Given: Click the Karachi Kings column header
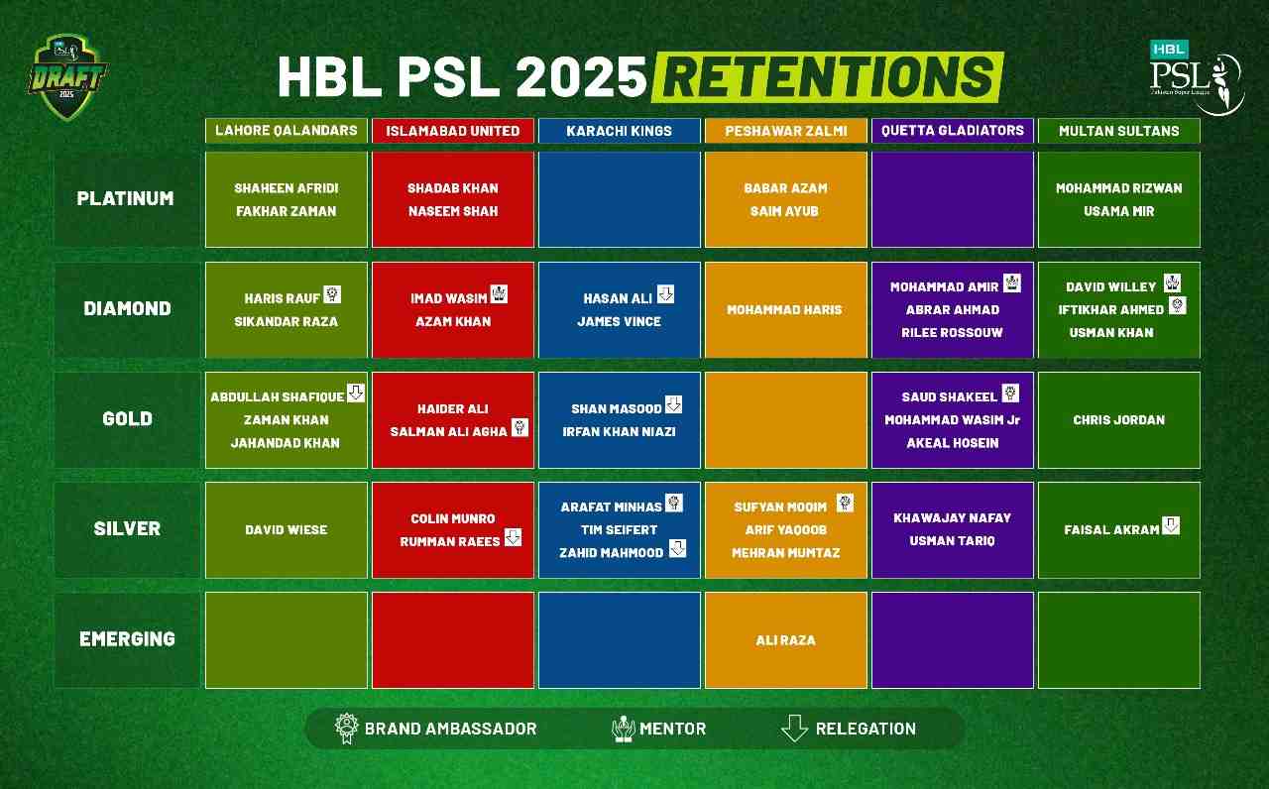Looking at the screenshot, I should (619, 131).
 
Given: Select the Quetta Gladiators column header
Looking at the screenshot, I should (952, 131).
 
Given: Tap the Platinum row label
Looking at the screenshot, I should (127, 198).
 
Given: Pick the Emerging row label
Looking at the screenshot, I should (127, 639).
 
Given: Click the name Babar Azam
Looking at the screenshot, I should (785, 187).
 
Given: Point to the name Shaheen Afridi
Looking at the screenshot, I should (286, 187).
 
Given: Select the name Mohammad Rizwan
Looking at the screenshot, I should (1118, 187).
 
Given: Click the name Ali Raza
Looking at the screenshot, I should (785, 640).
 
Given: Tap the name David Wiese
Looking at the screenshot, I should (286, 530).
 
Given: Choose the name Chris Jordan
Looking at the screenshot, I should (1118, 420).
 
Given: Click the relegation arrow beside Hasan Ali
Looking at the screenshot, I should (665, 294).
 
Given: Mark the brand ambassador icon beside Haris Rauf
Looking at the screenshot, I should (332, 294).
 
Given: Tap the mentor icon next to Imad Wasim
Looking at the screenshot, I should (499, 294).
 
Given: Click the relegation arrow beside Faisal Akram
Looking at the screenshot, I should (1171, 525).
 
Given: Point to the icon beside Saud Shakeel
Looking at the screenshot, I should (1010, 393).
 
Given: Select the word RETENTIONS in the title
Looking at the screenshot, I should (827, 77).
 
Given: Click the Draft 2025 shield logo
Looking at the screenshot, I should (66, 77).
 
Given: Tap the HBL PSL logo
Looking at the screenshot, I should (1196, 77).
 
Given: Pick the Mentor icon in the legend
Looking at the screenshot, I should (623, 729).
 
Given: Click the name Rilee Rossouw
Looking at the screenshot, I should (952, 333).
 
